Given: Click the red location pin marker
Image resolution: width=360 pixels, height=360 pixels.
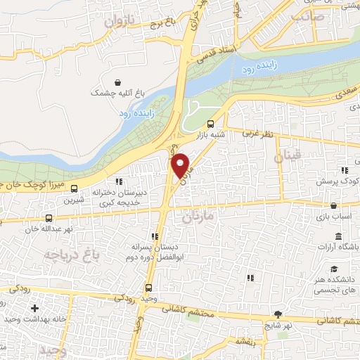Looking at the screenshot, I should [181, 165].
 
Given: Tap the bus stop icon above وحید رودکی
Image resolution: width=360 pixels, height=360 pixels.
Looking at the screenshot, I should [149, 287].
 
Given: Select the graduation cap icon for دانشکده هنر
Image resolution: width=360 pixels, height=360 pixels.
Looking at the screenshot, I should [335, 269].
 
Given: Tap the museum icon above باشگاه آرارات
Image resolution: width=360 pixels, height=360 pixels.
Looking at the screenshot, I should [339, 236].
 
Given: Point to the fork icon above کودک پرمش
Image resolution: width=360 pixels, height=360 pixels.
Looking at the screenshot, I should [343, 170].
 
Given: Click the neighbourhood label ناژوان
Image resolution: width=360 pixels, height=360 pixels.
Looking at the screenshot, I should [118, 22].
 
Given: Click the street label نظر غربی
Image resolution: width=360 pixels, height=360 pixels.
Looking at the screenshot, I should [256, 132].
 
